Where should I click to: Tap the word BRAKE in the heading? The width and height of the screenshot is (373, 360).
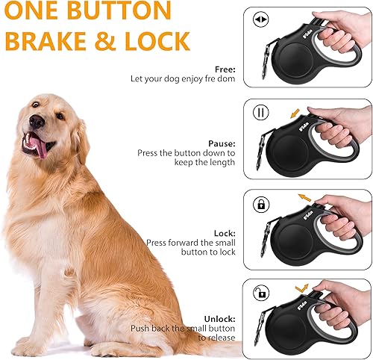52,42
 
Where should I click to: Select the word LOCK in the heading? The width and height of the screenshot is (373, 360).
160,42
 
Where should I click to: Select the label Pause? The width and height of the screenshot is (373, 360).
222,142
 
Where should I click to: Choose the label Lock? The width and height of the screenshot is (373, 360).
224,232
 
